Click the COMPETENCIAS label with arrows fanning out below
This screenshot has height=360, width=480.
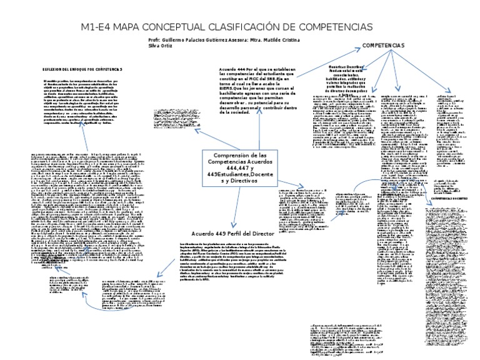pos(384,46)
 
